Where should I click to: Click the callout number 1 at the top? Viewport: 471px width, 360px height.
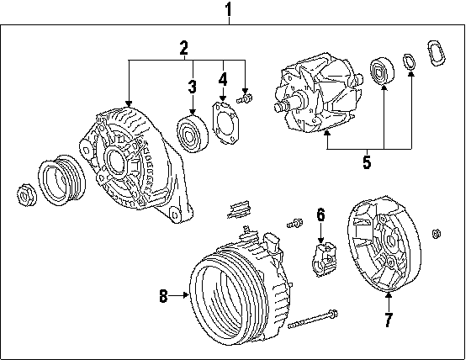click(229, 9)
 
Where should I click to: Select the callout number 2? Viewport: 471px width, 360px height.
click(184, 48)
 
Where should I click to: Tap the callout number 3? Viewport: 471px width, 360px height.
click(193, 87)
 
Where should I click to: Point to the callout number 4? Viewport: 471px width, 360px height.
click(223, 79)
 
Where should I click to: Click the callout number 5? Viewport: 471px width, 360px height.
click(367, 162)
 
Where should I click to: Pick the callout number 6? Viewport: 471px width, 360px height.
click(320, 215)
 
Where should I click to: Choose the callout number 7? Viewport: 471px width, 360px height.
click(389, 320)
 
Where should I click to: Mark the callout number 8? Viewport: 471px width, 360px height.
click(163, 296)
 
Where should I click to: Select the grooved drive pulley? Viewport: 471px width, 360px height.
click(61, 180)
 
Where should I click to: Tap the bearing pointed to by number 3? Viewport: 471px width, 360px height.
click(193, 134)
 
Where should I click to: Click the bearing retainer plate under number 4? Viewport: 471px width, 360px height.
click(226, 123)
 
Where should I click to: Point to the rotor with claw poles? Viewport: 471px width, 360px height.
click(319, 93)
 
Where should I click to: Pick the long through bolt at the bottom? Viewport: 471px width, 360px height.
click(313, 319)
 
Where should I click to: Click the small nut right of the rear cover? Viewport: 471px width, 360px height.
click(437, 234)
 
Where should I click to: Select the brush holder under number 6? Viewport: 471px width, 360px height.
click(325, 259)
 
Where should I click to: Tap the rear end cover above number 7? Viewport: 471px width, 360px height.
click(384, 244)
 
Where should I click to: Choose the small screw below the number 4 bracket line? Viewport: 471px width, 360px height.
click(244, 98)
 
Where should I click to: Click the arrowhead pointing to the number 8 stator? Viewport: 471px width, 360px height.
click(186, 296)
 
